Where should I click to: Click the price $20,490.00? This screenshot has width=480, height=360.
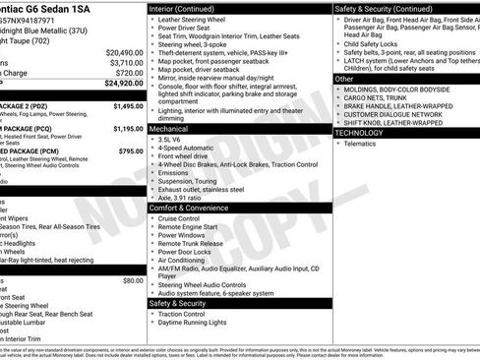point(124,52)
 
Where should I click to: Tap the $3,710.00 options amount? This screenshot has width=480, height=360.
point(126,62)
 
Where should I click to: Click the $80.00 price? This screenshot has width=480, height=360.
point(133,280)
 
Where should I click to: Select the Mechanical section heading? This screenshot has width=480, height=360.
point(169,129)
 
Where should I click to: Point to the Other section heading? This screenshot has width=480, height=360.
point(345,78)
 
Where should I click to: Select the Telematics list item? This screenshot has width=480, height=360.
point(360,144)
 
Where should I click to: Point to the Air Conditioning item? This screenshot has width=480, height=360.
point(186,260)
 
